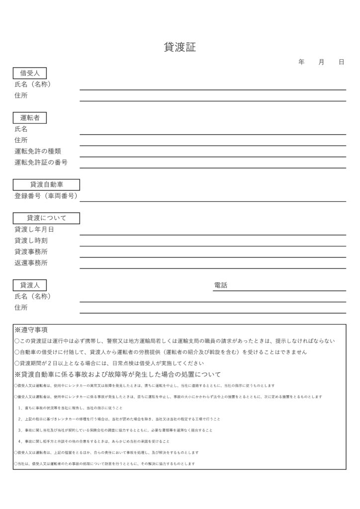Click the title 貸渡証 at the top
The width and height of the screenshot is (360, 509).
pyautogui.click(x=180, y=48)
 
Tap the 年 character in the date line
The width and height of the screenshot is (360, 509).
pyautogui.click(x=301, y=62)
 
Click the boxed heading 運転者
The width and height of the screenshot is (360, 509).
pyautogui.click(x=30, y=118)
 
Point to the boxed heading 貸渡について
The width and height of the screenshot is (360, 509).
pyautogui.click(x=46, y=218)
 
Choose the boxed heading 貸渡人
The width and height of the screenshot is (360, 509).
pyautogui.click(x=30, y=285)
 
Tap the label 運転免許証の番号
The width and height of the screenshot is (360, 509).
pyautogui.click(x=41, y=163)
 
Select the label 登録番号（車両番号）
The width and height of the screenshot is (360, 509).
pyautogui.click(x=46, y=196)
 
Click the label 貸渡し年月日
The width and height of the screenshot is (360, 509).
pyautogui.click(x=34, y=230)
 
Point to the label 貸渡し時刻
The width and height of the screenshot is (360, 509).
pyautogui.click(x=31, y=241)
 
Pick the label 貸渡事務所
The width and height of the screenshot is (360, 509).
pyautogui.click(x=31, y=252)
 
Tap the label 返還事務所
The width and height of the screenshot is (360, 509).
pyautogui.click(x=31, y=262)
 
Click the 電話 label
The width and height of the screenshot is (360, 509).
pyautogui.click(x=220, y=285)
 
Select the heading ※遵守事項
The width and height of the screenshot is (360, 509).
pyautogui.click(x=31, y=330)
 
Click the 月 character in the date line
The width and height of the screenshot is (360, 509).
pyautogui.click(x=321, y=62)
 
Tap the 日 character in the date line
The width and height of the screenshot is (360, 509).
pyautogui.click(x=341, y=62)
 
